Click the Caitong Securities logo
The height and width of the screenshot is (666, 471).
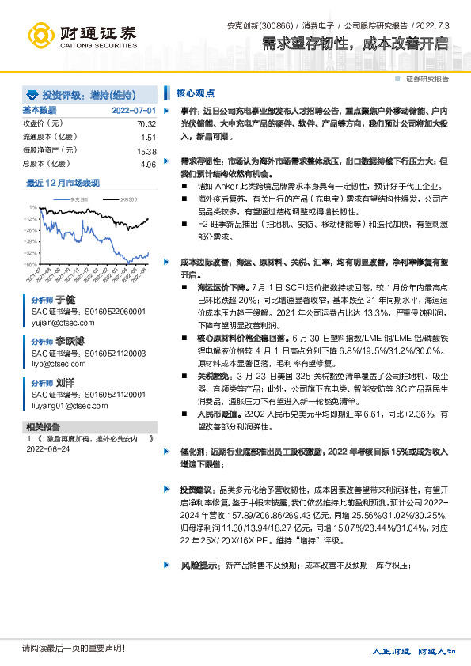coord(82,35)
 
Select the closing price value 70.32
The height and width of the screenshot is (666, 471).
coord(147,124)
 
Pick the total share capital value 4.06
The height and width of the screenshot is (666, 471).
coord(148,164)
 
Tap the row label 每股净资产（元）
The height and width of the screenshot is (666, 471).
coord(50,150)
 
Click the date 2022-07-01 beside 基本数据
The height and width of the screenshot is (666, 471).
coord(134,110)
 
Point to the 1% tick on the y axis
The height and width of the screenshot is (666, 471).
coord(32,208)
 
